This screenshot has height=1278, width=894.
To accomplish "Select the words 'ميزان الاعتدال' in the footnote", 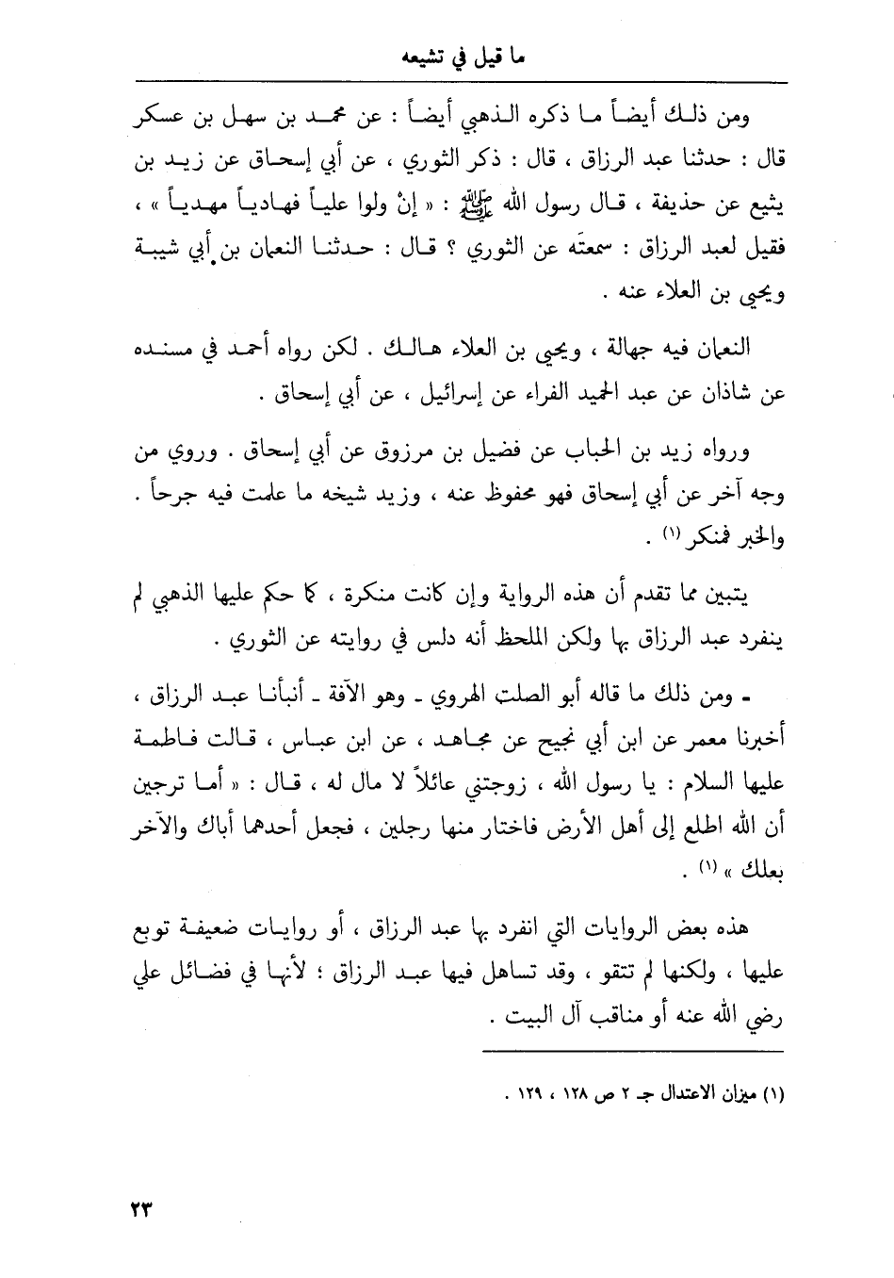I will tap(712, 1096).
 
